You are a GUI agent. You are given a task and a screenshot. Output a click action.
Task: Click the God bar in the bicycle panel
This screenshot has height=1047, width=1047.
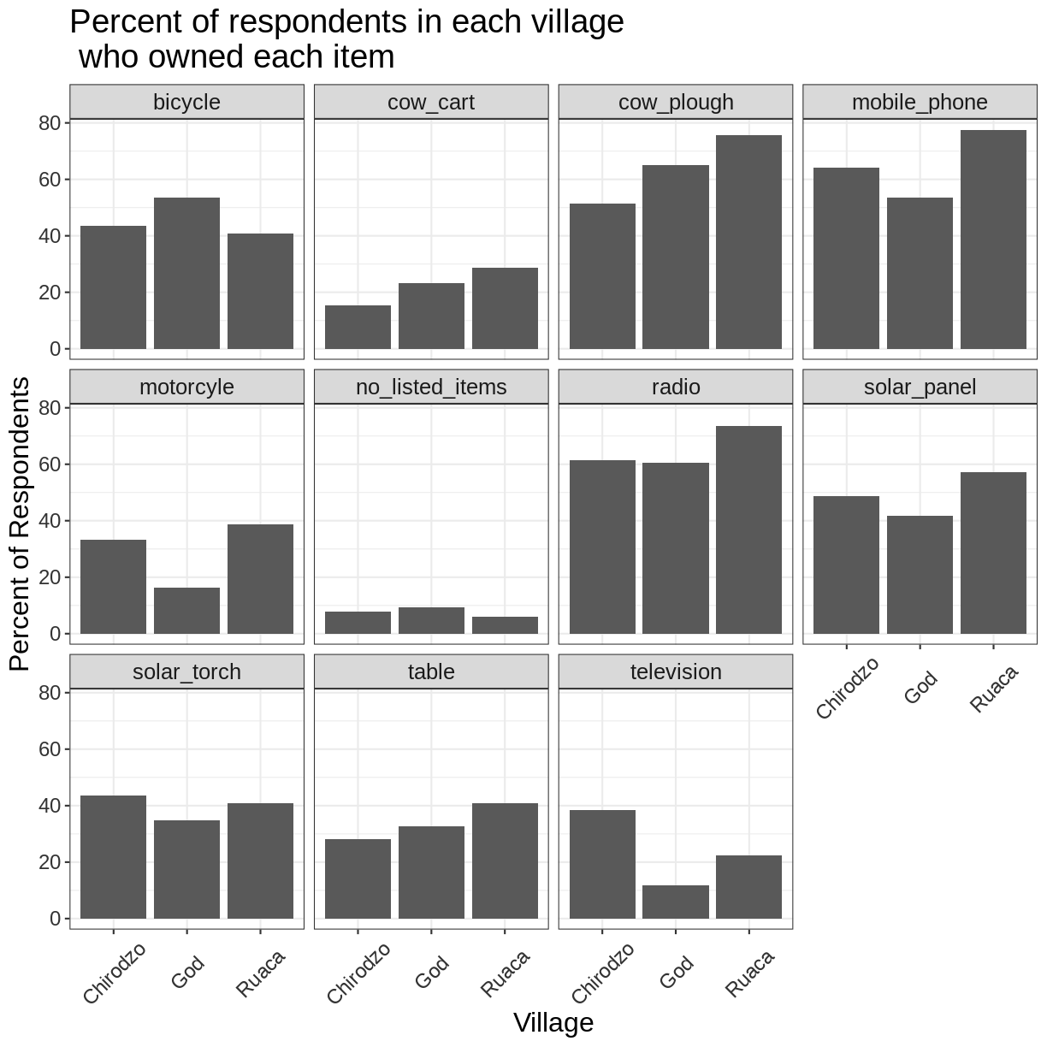[186, 273]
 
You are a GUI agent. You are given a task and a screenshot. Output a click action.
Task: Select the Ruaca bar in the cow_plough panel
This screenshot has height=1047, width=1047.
[748, 242]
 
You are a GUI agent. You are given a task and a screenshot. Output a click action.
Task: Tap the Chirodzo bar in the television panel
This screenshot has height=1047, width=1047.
[602, 864]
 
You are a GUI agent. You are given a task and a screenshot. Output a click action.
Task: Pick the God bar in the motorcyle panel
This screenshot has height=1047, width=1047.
[186, 611]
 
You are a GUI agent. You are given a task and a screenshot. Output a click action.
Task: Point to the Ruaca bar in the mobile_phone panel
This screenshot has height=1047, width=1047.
[993, 240]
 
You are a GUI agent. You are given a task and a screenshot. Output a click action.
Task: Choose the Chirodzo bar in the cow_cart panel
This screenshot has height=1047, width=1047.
[358, 327]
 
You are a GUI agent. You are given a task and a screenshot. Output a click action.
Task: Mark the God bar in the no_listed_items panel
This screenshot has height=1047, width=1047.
[431, 620]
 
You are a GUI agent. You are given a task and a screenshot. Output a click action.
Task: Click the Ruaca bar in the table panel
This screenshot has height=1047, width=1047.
[505, 861]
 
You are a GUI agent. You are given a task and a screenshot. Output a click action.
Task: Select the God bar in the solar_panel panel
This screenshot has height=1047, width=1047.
[920, 575]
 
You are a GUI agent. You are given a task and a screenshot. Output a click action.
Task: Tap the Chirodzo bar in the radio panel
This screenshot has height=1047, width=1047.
[602, 547]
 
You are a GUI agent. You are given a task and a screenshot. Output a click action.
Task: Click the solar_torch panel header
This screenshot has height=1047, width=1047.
[186, 672]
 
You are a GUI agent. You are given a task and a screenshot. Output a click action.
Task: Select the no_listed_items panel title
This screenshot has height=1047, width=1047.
[431, 387]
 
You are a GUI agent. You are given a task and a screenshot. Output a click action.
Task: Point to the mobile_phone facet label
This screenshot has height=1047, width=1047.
[920, 103]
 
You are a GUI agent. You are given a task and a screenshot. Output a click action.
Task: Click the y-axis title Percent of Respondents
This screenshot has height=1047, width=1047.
[20, 523]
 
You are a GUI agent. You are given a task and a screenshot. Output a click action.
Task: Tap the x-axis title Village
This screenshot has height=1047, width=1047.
[553, 1023]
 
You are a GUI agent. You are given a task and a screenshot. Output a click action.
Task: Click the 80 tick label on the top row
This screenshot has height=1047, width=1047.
[49, 123]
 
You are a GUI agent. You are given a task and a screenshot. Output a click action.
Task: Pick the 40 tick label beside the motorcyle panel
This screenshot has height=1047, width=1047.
[49, 521]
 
